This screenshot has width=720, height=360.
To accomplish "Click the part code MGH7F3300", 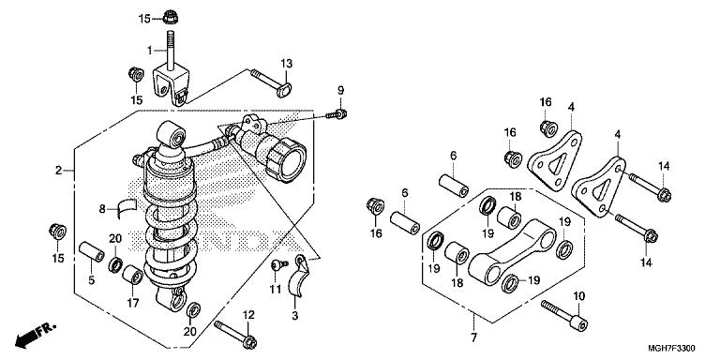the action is click(x=671, y=349).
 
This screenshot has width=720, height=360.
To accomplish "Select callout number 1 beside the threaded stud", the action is click(x=149, y=50).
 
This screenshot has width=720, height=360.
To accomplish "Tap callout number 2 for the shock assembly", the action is click(x=58, y=171).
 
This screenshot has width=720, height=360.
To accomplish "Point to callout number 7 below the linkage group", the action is click(x=473, y=337).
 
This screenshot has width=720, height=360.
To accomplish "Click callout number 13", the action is click(x=287, y=64).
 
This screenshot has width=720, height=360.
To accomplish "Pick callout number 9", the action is click(x=340, y=90).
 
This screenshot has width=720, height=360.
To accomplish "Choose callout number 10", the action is click(x=579, y=296).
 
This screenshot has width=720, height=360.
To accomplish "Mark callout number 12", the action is click(x=248, y=315).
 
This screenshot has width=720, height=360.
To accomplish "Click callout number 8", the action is click(x=102, y=209).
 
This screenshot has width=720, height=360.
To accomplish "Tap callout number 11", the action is click(x=275, y=290).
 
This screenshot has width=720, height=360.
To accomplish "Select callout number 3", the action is click(x=294, y=316).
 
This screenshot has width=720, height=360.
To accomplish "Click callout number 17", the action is click(x=134, y=303).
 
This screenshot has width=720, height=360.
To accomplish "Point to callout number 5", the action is click(x=91, y=280).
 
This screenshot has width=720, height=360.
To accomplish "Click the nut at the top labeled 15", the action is click(x=171, y=18).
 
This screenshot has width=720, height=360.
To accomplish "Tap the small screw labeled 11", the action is click(x=278, y=264).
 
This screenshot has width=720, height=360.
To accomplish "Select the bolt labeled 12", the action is click(x=235, y=335).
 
